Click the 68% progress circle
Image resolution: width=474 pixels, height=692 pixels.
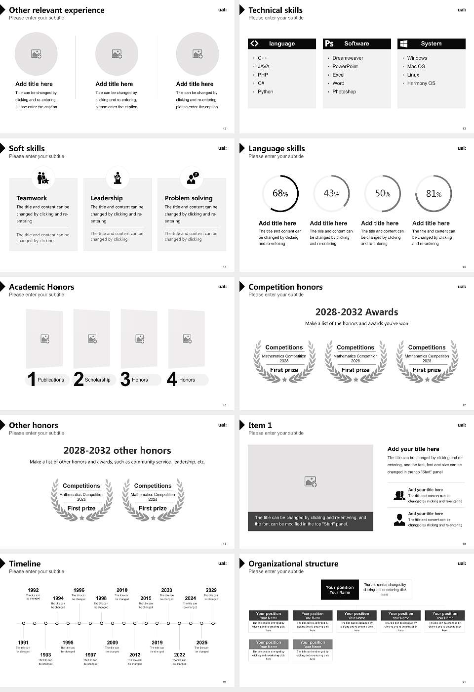[x=280, y=193]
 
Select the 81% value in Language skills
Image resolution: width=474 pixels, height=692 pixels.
[x=434, y=194]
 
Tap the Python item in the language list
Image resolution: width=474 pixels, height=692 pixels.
[x=265, y=91]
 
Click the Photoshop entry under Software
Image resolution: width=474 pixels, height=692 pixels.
[x=344, y=91]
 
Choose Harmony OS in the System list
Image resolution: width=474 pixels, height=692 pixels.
[x=421, y=83]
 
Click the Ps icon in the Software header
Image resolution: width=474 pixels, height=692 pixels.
[x=329, y=43]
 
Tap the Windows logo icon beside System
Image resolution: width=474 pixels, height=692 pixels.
[x=403, y=43]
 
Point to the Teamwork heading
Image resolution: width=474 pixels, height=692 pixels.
[x=32, y=198]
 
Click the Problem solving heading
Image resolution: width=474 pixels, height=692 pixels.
[x=189, y=198]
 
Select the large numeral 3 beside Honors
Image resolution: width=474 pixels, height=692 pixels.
[x=125, y=379]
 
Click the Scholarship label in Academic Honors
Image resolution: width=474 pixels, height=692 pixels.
[x=97, y=380]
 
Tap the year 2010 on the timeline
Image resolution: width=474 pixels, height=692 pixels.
[x=122, y=590]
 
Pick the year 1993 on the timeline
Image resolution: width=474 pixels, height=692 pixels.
[x=45, y=654]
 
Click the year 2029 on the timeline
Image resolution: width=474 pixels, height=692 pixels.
[x=211, y=590]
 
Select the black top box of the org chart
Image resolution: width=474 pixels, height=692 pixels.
[x=340, y=590]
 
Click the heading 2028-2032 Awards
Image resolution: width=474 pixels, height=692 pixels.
[x=356, y=312]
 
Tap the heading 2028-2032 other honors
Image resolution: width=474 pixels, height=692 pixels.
[x=117, y=450]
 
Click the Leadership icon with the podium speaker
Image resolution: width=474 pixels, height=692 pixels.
[x=118, y=177]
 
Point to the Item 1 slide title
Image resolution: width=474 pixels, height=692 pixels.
[x=260, y=425]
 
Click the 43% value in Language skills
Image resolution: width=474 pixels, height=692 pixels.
[x=331, y=194]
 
